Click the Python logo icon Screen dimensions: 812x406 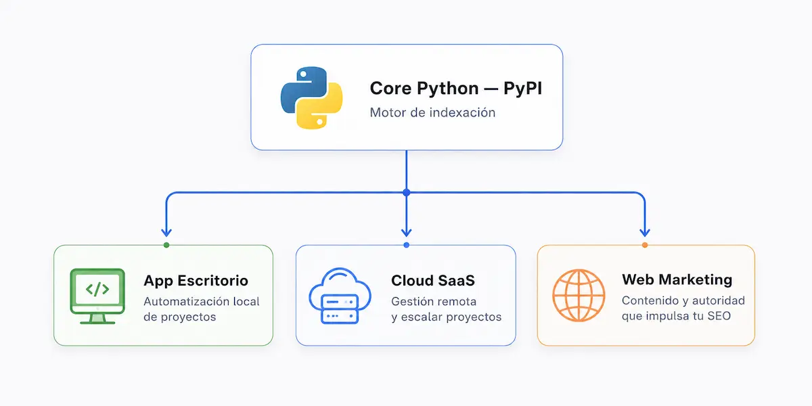click(312, 97)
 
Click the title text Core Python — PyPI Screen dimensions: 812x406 click(455, 89)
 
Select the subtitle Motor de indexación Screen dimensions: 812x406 click(432, 112)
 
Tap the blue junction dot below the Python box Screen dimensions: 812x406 click(407, 192)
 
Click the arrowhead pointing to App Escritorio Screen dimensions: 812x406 click(166, 232)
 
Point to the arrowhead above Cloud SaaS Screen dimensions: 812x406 click(407, 232)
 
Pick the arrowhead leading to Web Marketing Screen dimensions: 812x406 click(644, 232)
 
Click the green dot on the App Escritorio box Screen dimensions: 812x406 click(166, 245)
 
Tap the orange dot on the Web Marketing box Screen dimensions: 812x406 click(644, 245)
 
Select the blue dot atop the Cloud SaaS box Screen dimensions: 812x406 click(407, 245)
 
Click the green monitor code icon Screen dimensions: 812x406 click(97, 296)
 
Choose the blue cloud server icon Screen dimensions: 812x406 click(340, 296)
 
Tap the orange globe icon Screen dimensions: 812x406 click(579, 295)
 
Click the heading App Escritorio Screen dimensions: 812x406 click(196, 281)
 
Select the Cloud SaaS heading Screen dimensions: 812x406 click(433, 281)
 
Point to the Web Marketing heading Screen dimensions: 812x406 click(677, 279)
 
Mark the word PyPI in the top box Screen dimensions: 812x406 click(522, 89)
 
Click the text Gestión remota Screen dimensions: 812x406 click(434, 302)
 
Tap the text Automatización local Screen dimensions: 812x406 click(202, 302)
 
